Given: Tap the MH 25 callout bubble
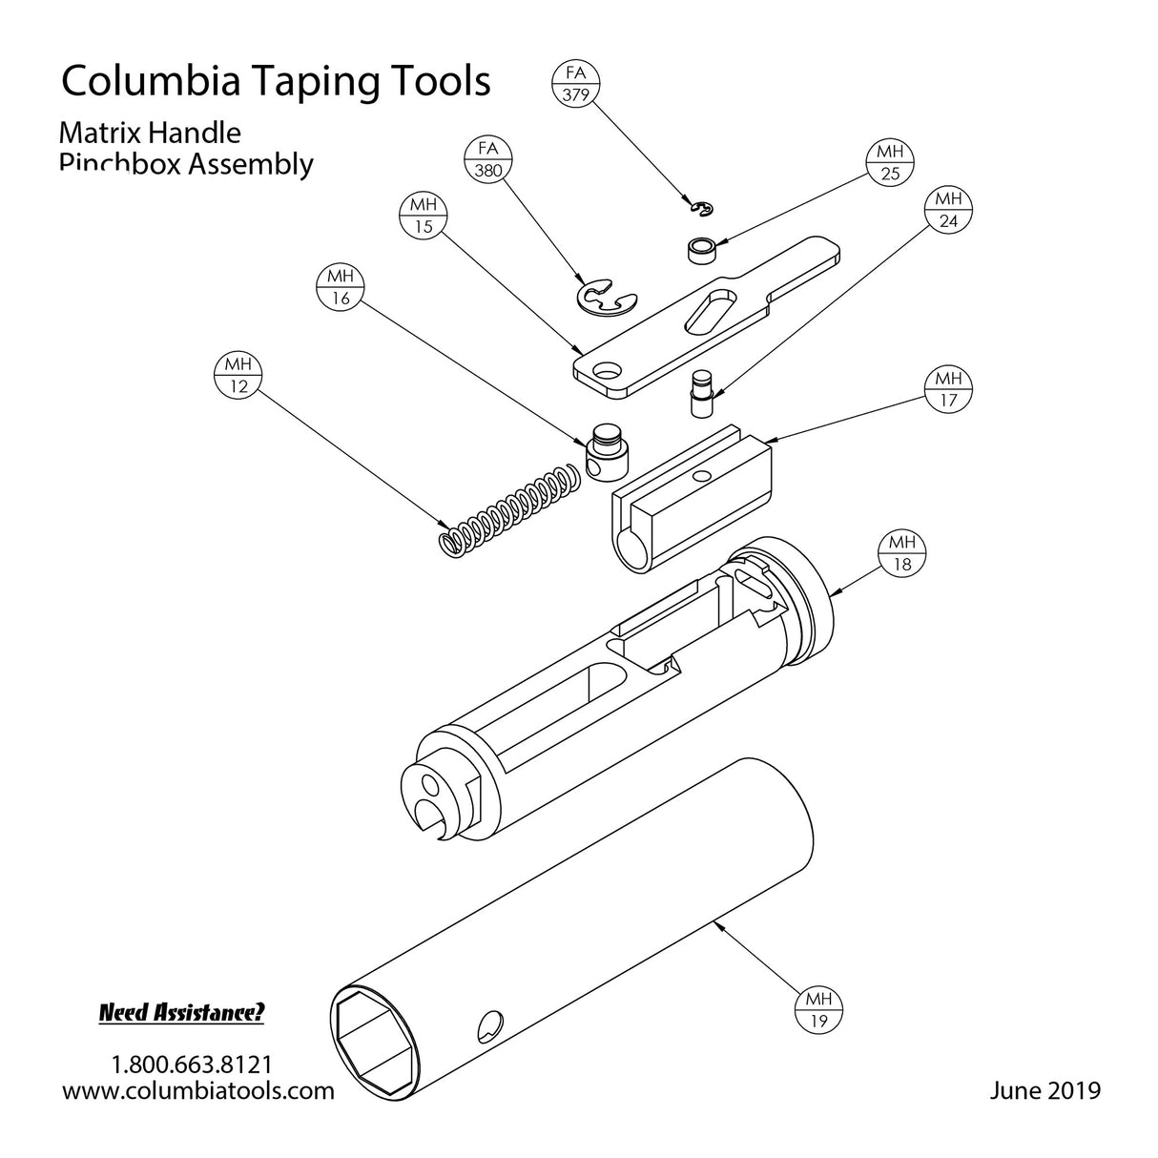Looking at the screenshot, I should coord(890,163).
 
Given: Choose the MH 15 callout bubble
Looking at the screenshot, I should coord(423,217).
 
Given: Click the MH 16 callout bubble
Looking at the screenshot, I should coord(341,287).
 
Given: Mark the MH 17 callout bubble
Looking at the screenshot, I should coord(948,389).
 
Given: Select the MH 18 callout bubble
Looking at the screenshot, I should coord(901,554).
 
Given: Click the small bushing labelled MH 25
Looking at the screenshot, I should coord(702,252).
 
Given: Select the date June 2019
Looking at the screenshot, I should coord(1044,1089).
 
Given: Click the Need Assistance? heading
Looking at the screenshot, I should coord(181,1013).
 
